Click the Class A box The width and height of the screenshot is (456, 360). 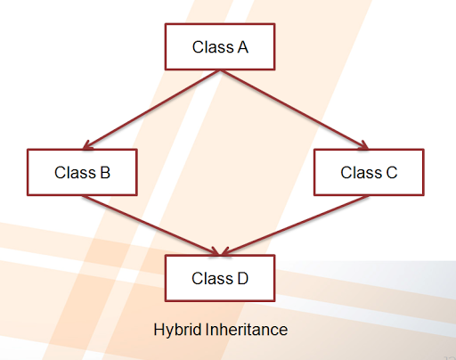tap(220, 47)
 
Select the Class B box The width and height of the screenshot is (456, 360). tap(82, 172)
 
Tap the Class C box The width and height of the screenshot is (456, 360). tap(368, 172)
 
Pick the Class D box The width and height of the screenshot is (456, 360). tap(220, 278)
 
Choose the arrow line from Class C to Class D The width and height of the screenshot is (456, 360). tap(294, 224)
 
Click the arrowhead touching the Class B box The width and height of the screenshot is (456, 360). tap(87, 144)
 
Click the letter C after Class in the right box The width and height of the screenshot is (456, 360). tap(391, 172)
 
